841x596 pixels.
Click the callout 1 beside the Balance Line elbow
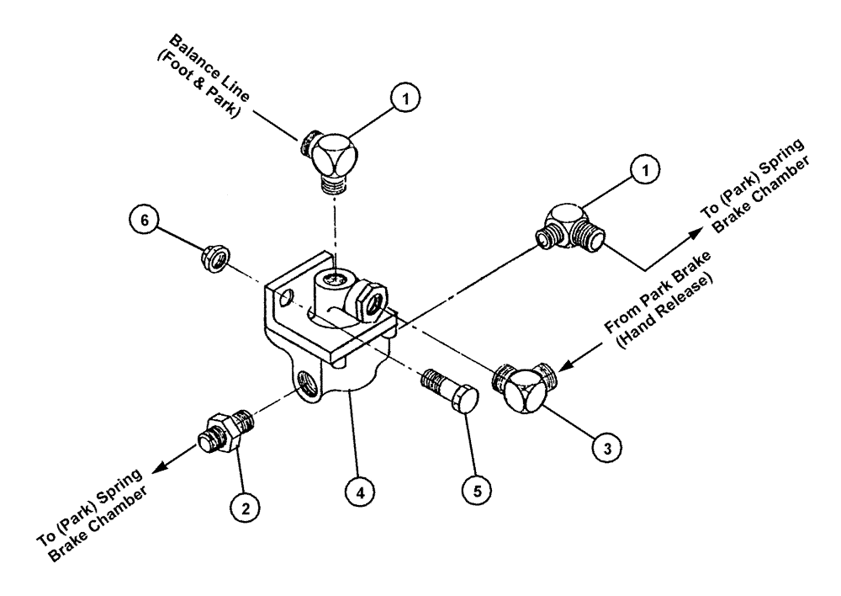(x=406, y=100)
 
